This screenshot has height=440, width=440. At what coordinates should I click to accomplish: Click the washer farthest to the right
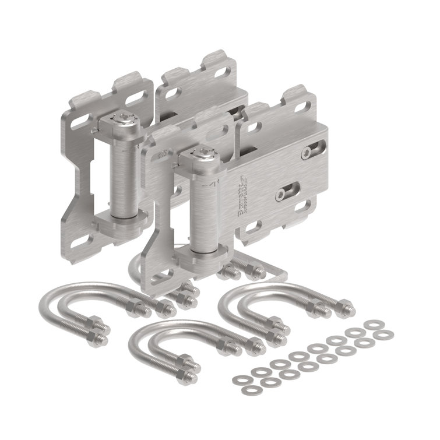tap(385, 334)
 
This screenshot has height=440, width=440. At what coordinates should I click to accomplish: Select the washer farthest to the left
tap(238, 379)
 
